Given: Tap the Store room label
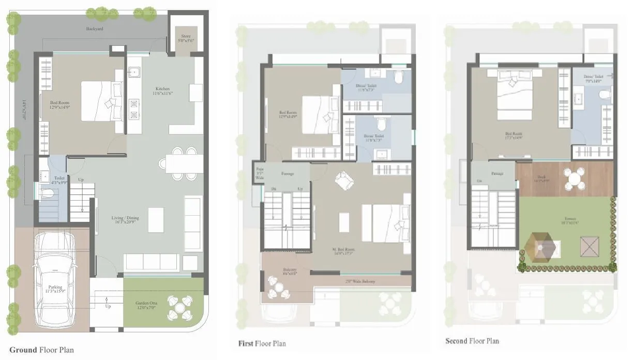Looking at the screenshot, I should click(x=186, y=38).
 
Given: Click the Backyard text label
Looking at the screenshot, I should click(x=94, y=29).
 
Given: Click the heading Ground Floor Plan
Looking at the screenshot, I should click(x=41, y=350).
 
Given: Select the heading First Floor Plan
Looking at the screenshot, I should click(x=262, y=343).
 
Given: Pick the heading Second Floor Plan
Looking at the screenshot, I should click(x=472, y=341).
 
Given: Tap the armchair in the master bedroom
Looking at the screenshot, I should click(x=342, y=181).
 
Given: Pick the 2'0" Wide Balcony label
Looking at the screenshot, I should click(x=360, y=281).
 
